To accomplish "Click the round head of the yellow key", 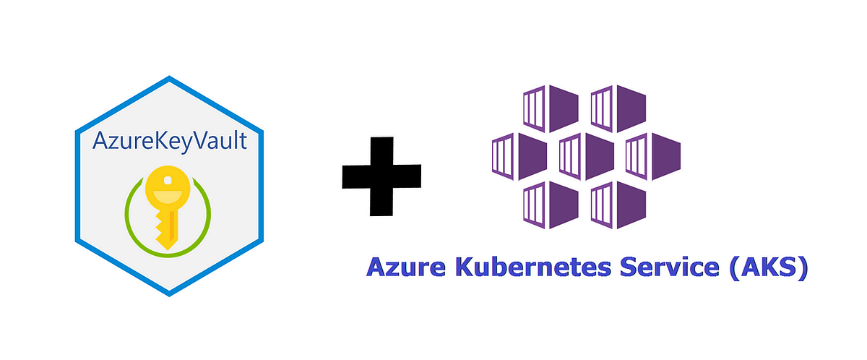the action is coord(168,189).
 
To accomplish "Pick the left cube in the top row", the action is coord(550,108).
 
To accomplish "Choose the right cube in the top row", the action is coord(618,108).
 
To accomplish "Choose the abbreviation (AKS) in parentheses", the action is coord(766,267).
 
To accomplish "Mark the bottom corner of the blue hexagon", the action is coord(169,293).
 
